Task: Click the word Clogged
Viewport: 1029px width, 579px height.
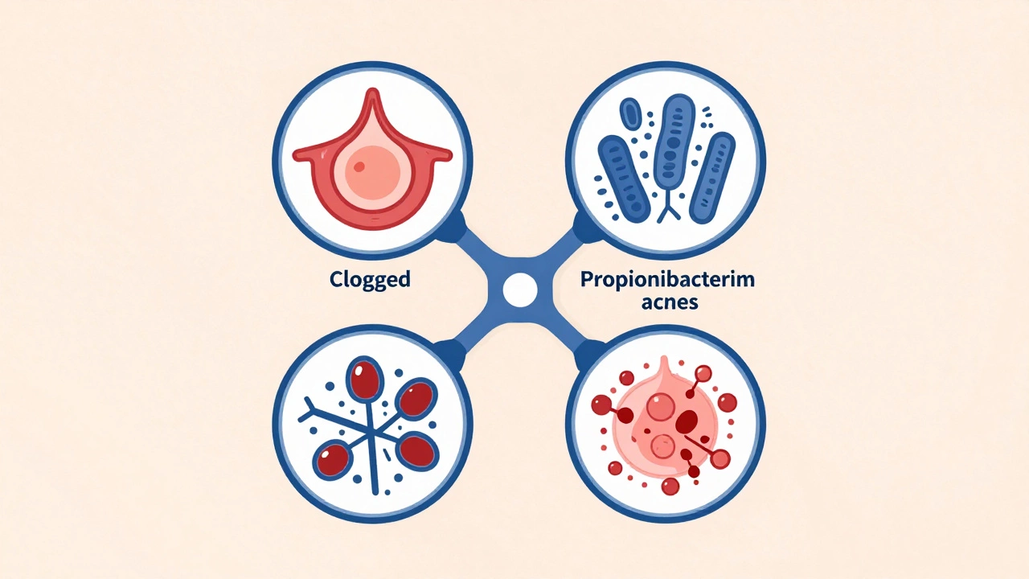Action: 370,280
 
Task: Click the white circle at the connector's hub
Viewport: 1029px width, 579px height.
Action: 519,287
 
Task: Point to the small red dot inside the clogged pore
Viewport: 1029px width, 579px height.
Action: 359,167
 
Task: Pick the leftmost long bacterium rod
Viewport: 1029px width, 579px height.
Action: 623,177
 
